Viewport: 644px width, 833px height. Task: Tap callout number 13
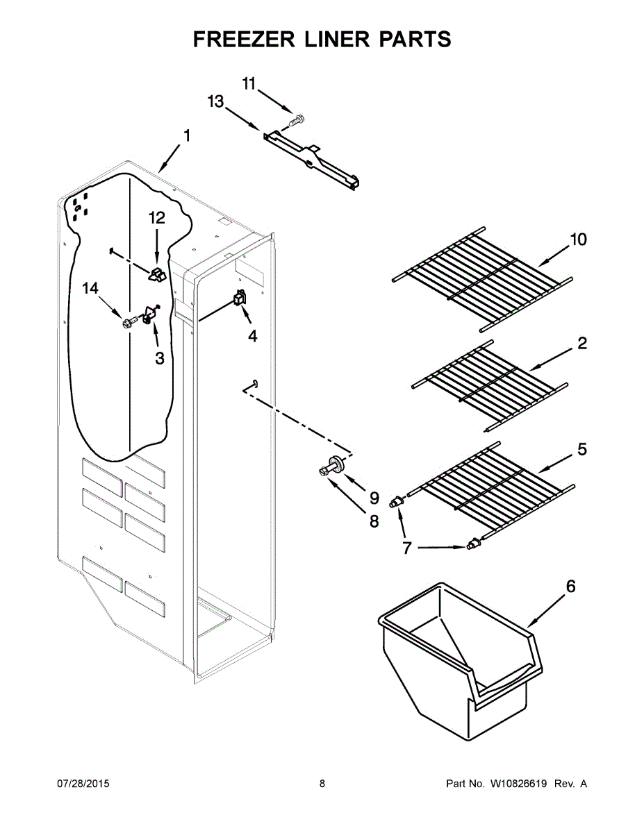215,102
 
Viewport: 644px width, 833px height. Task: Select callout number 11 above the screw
249,83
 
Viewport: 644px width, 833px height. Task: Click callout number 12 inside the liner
157,218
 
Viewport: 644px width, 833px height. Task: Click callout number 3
159,358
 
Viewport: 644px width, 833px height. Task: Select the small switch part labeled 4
240,299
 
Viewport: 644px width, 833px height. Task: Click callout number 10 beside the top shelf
578,239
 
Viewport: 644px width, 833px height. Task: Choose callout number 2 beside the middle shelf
581,343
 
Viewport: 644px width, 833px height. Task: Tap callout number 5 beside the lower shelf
581,449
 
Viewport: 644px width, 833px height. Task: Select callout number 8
374,521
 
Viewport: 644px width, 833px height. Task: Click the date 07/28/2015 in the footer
83,784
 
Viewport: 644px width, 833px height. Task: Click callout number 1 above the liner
186,134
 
